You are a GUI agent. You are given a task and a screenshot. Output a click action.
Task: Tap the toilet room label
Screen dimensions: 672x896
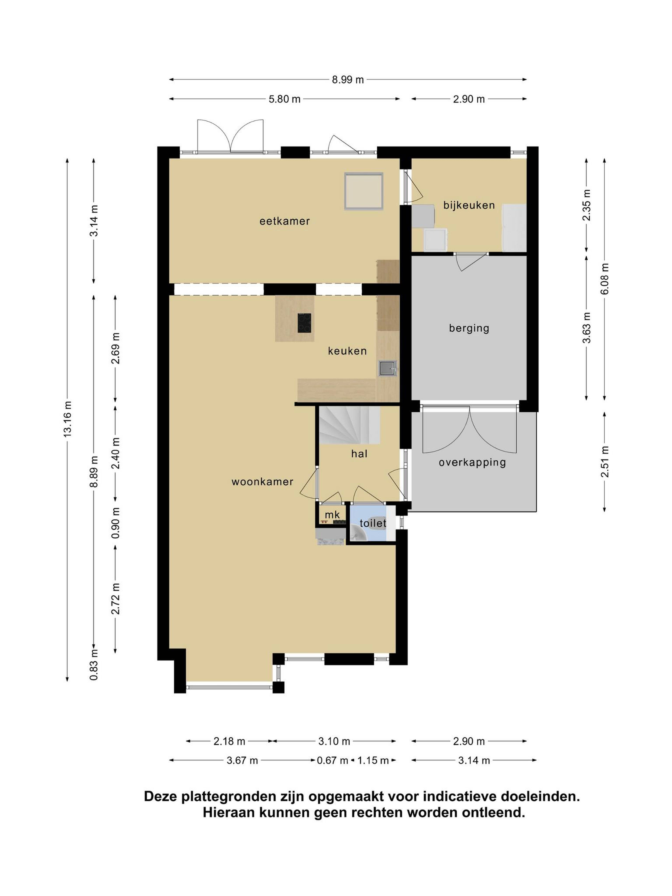point(373,523)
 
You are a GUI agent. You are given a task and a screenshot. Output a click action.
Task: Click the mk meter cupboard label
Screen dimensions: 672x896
point(332,515)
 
